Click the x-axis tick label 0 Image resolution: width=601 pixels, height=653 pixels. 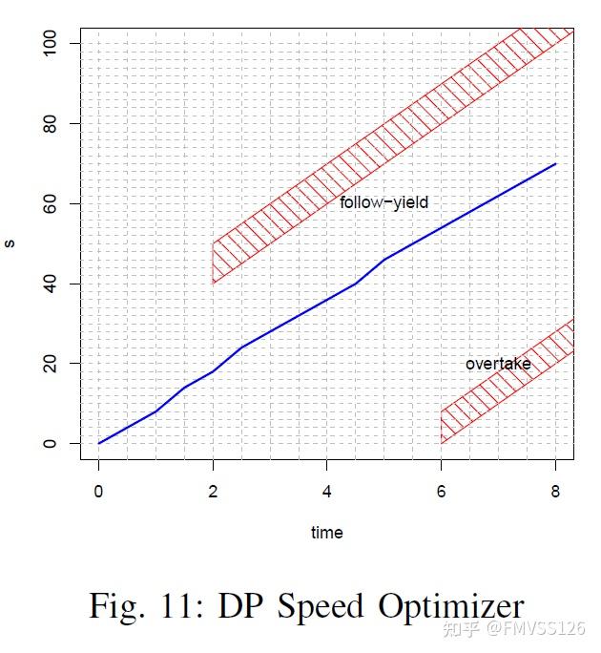click(98, 490)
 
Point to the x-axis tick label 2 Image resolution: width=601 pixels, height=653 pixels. click(213, 490)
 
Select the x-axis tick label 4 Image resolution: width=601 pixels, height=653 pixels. click(327, 490)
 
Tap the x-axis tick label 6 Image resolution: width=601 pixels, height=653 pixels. click(441, 490)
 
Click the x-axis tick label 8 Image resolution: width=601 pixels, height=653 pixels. click(555, 490)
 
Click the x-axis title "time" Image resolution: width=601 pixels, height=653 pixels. click(326, 533)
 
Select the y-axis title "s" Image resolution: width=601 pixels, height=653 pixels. click(10, 243)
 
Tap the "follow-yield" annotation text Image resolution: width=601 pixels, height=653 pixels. click(383, 202)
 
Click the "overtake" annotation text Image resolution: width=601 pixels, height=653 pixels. click(498, 364)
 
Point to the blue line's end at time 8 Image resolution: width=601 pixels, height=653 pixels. click(555, 164)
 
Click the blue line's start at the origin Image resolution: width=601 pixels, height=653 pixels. click(98, 443)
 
